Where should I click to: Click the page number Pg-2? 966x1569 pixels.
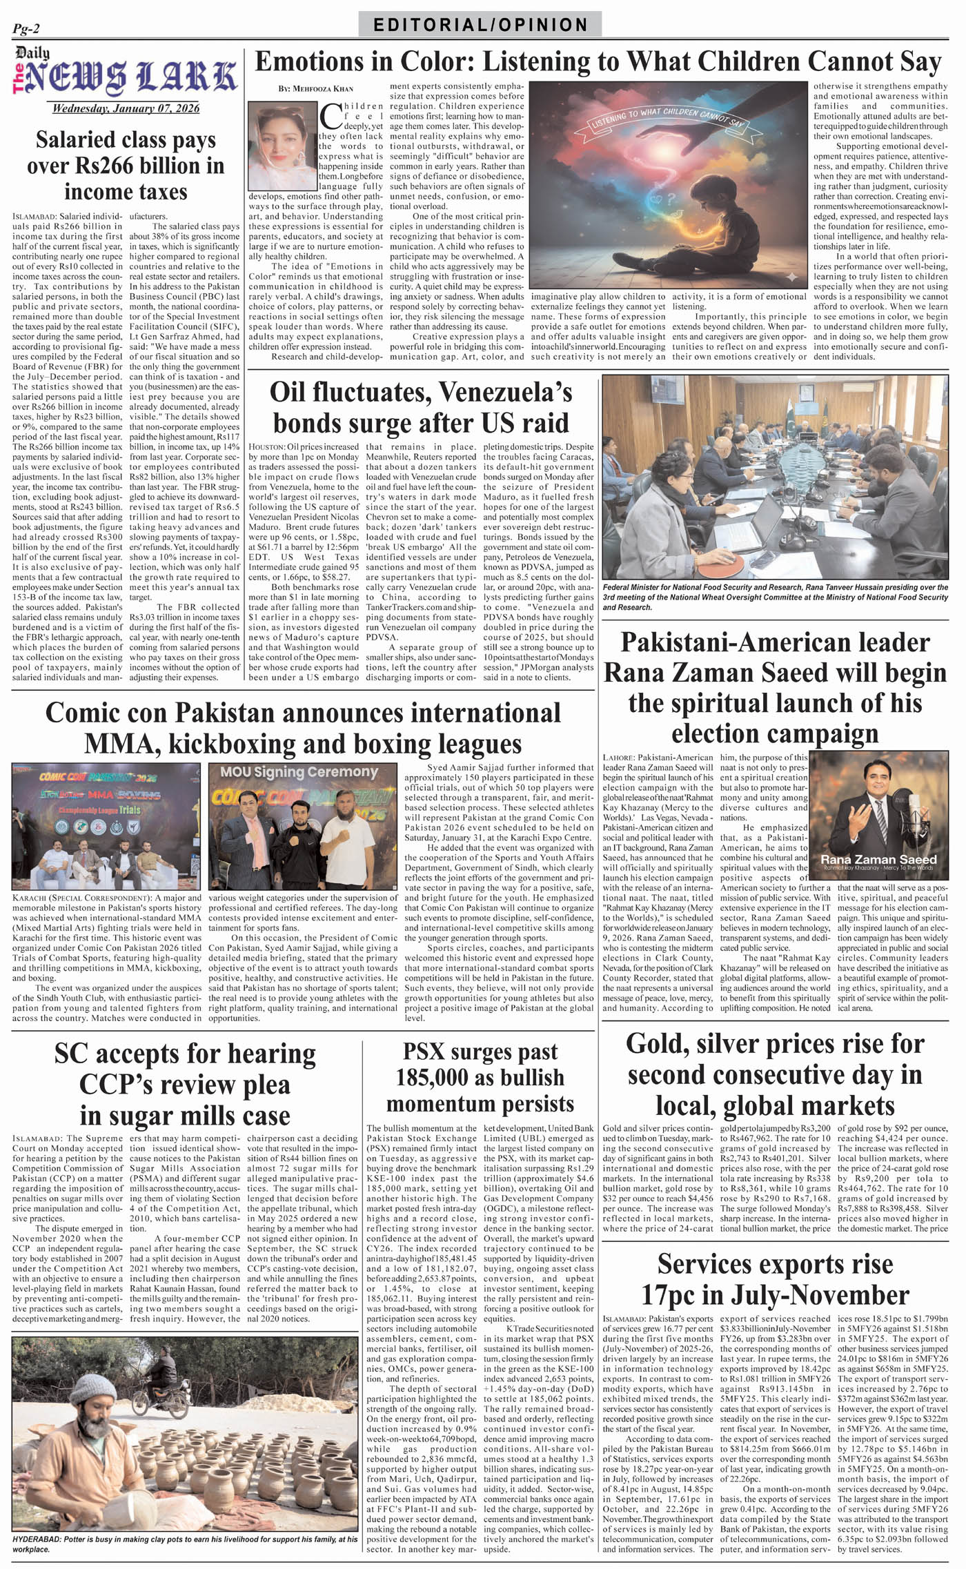[26, 28]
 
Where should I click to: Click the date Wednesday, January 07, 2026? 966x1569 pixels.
[126, 108]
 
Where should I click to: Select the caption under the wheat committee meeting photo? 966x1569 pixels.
[775, 597]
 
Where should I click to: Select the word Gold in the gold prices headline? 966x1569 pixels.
[655, 1044]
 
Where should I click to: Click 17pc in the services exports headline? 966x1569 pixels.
[668, 1295]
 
